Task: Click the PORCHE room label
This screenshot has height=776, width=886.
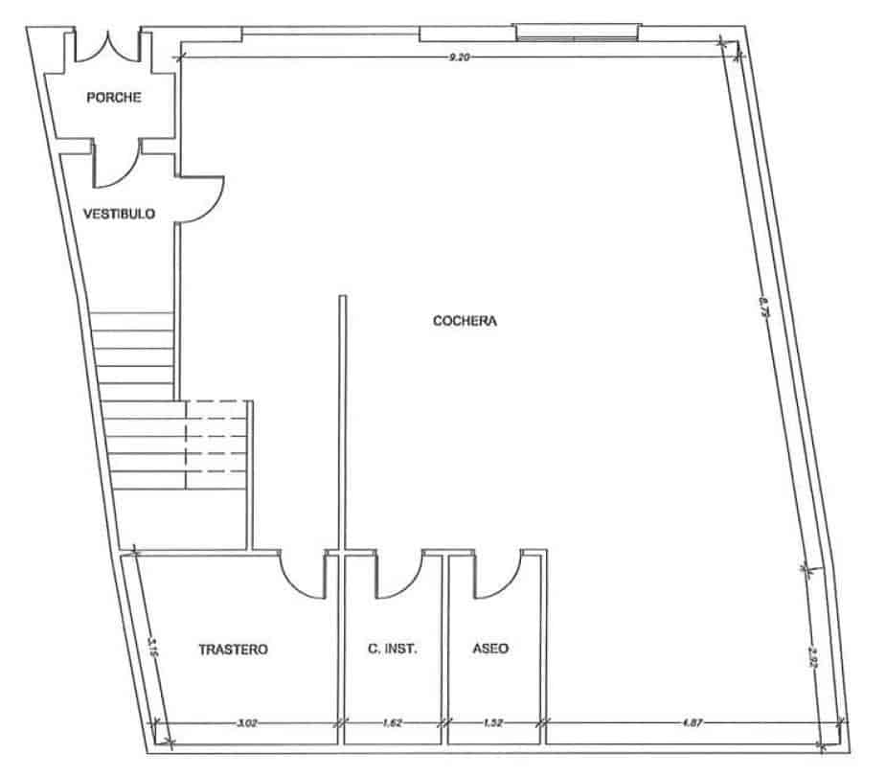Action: (114, 97)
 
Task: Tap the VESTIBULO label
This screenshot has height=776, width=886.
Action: (120, 214)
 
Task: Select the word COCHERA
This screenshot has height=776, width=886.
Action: (465, 322)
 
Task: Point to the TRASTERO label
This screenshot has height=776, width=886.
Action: (233, 649)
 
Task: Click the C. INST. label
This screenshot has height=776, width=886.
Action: (393, 649)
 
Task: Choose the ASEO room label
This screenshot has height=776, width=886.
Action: (491, 649)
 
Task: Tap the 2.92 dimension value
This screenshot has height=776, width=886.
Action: (814, 659)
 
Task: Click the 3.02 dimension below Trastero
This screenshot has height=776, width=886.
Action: (246, 724)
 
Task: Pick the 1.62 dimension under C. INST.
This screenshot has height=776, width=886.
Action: (393, 724)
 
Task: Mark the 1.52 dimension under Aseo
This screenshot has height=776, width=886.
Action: (492, 724)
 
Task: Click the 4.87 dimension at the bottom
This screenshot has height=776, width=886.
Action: (691, 724)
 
